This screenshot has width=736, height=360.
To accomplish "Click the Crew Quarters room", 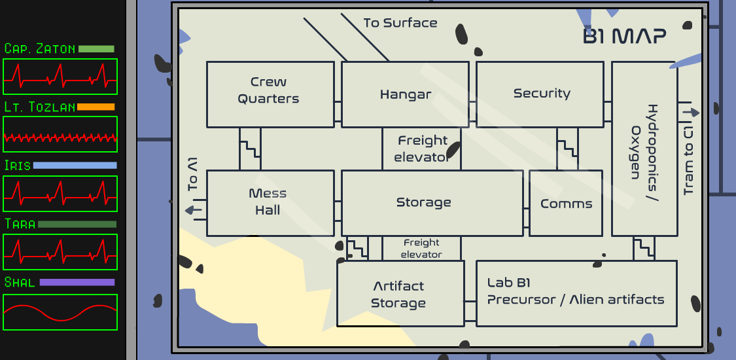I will [268, 94].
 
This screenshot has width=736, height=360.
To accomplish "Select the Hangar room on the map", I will [405, 94].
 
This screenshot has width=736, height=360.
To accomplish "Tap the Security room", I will [540, 94].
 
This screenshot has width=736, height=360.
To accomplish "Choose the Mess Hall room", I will [268, 202].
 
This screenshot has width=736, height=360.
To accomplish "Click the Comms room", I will [566, 204].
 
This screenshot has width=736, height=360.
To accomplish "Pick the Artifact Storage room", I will [400, 294].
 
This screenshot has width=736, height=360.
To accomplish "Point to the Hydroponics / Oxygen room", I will [644, 149].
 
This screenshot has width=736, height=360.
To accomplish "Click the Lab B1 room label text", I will [575, 292].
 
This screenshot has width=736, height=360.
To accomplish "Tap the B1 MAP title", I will [624, 37].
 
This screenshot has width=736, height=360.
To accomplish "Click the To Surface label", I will [400, 23].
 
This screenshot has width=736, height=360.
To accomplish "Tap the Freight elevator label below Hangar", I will [422, 149].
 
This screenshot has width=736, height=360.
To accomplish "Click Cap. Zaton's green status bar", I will [96, 49].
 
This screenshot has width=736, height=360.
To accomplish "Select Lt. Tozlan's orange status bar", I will [96, 107].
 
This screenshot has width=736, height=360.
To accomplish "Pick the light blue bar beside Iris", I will [75, 166].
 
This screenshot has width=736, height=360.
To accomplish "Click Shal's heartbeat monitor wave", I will [60, 312].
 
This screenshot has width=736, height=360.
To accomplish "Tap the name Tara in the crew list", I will [20, 224].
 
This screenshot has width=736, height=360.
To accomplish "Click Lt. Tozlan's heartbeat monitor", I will [60, 137].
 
